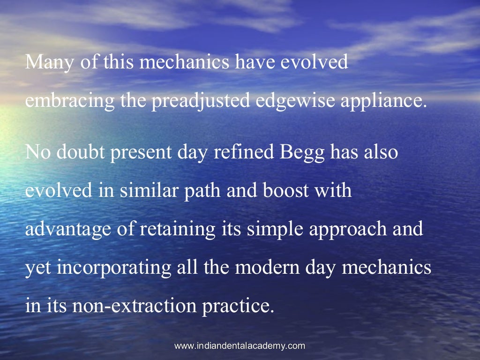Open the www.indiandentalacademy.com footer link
(240, 346)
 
